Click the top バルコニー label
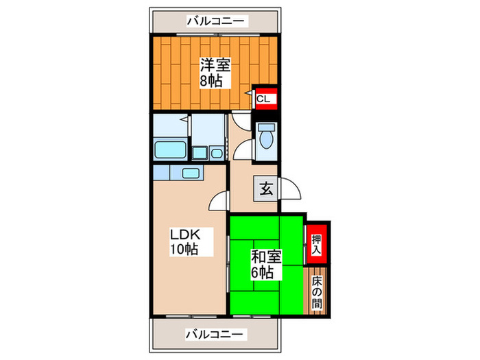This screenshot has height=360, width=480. [x=215, y=22]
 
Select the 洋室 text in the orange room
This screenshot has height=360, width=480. [x=215, y=65]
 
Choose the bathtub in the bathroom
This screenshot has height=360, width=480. [x=171, y=149]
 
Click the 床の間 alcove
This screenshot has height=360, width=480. [x=316, y=291]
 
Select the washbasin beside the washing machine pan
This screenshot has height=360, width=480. [x=216, y=152]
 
